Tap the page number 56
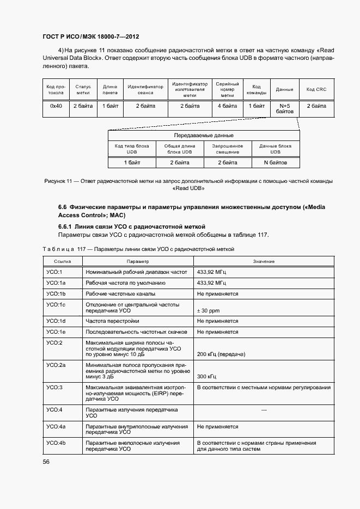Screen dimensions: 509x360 pyautogui.click(x=46, y=462)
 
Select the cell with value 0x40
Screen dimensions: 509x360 pyautogui.click(x=56, y=106)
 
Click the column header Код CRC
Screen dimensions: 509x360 pyautogui.click(x=316, y=89)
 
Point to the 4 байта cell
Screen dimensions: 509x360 pyautogui.click(x=227, y=106)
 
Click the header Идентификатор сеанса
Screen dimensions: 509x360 pyautogui.click(x=145, y=89)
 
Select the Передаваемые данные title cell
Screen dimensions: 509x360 pyautogui.click(x=204, y=135)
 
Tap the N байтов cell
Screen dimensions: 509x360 pyautogui.click(x=275, y=162)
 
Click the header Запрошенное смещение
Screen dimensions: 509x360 pyautogui.click(x=227, y=149)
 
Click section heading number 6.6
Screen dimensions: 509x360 pyautogui.click(x=62, y=207)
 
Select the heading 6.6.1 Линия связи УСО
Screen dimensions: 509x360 pyautogui.click(x=131, y=226)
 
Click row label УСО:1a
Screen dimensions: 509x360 pyautogui.click(x=56, y=283)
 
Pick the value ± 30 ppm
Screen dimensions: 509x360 pyautogui.click(x=208, y=311)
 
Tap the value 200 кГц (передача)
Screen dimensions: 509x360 pyautogui.click(x=221, y=354)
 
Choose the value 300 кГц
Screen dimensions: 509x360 pyautogui.click(x=206, y=376)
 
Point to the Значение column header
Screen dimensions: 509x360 pyautogui.click(x=264, y=261)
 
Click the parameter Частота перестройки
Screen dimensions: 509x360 pyautogui.click(x=112, y=321)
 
